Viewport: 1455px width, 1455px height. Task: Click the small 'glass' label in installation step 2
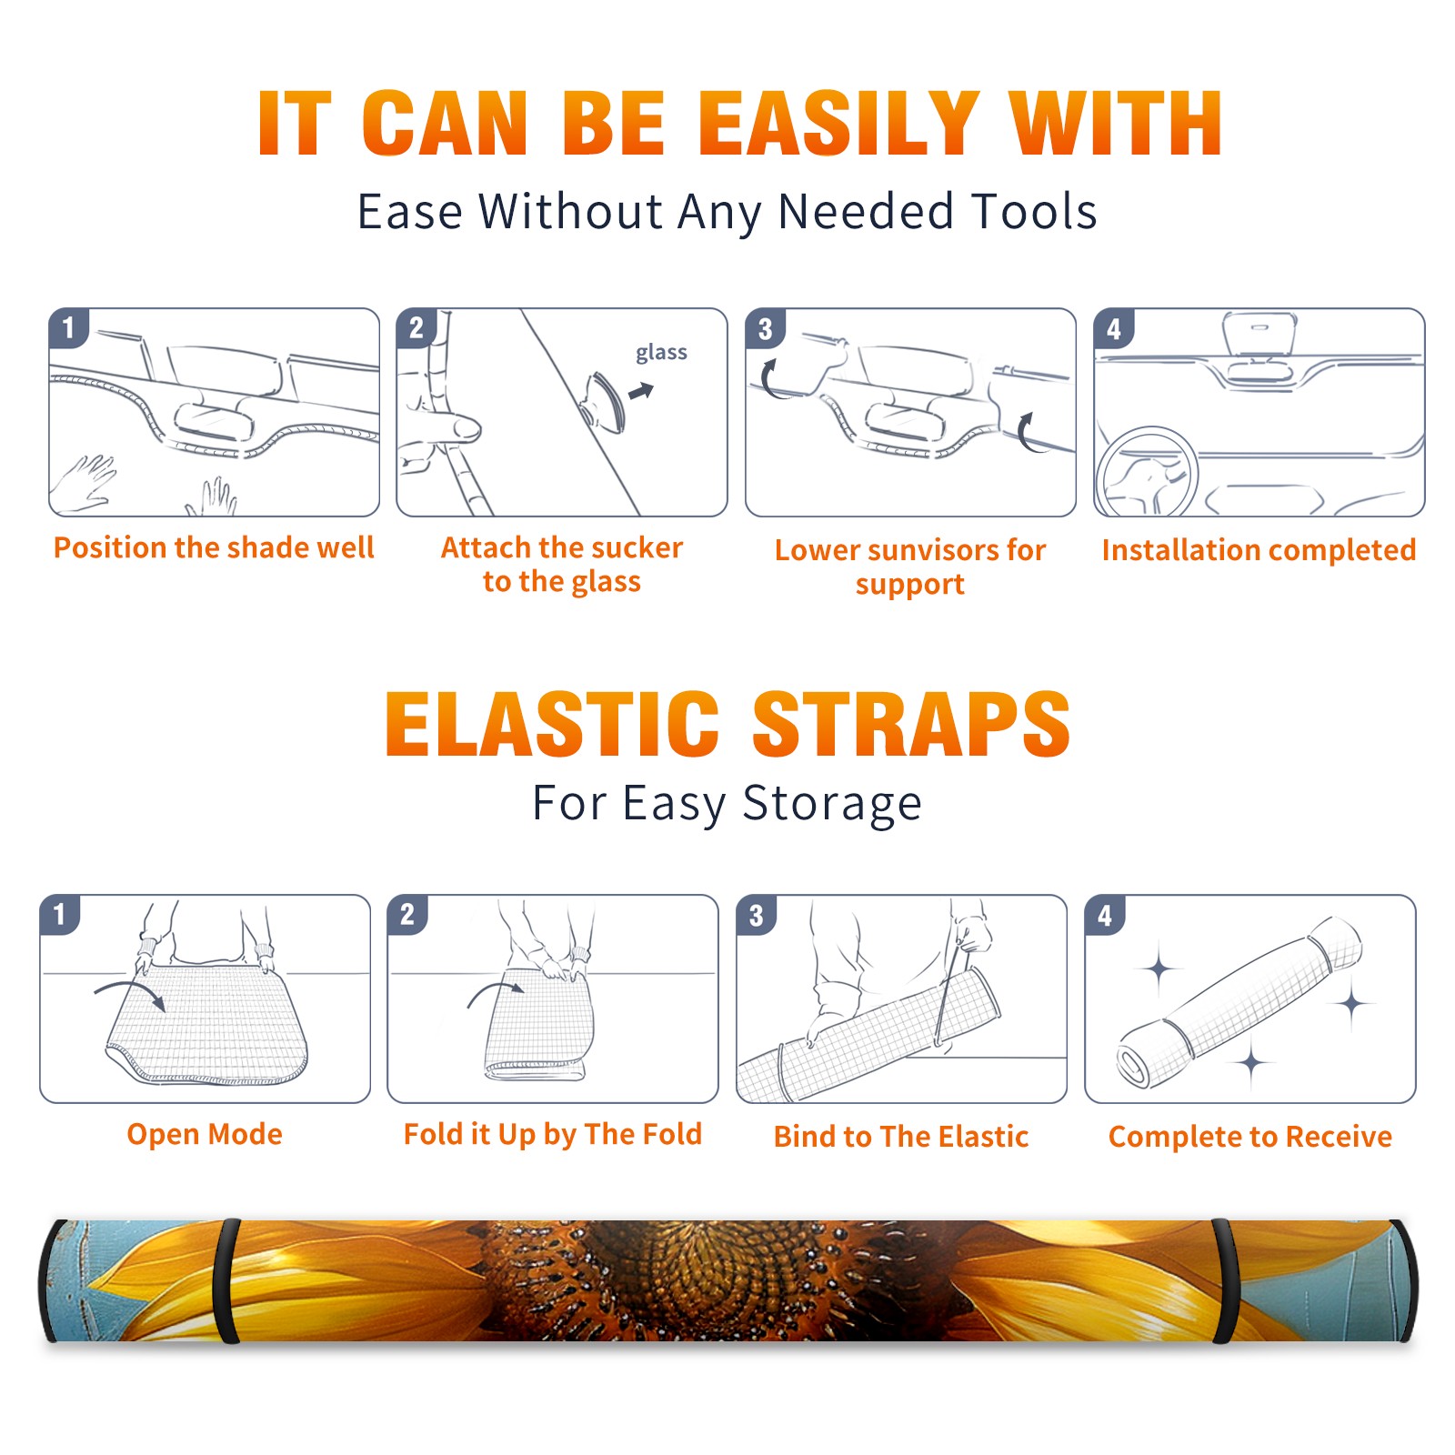click(x=661, y=353)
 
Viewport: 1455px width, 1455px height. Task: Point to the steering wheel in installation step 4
click(x=1147, y=474)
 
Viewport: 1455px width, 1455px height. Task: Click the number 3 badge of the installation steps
click(x=766, y=328)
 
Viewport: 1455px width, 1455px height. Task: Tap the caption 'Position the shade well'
click(x=214, y=547)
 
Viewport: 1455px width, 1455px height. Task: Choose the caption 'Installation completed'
click(x=1259, y=550)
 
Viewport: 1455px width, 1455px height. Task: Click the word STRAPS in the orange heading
click(x=911, y=724)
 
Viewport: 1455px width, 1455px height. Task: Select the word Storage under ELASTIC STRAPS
click(x=832, y=804)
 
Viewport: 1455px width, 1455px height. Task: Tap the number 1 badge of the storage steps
click(x=60, y=915)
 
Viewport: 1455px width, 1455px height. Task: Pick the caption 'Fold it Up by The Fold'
click(x=553, y=1134)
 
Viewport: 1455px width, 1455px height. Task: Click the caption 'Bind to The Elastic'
click(x=901, y=1137)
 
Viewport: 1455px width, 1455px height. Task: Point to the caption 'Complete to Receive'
click(x=1250, y=1137)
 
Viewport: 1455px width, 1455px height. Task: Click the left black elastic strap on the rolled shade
click(x=226, y=1281)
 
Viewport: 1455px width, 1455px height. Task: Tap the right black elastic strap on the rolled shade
click(x=1225, y=1281)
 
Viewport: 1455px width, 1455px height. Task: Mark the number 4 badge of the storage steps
click(x=1105, y=915)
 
